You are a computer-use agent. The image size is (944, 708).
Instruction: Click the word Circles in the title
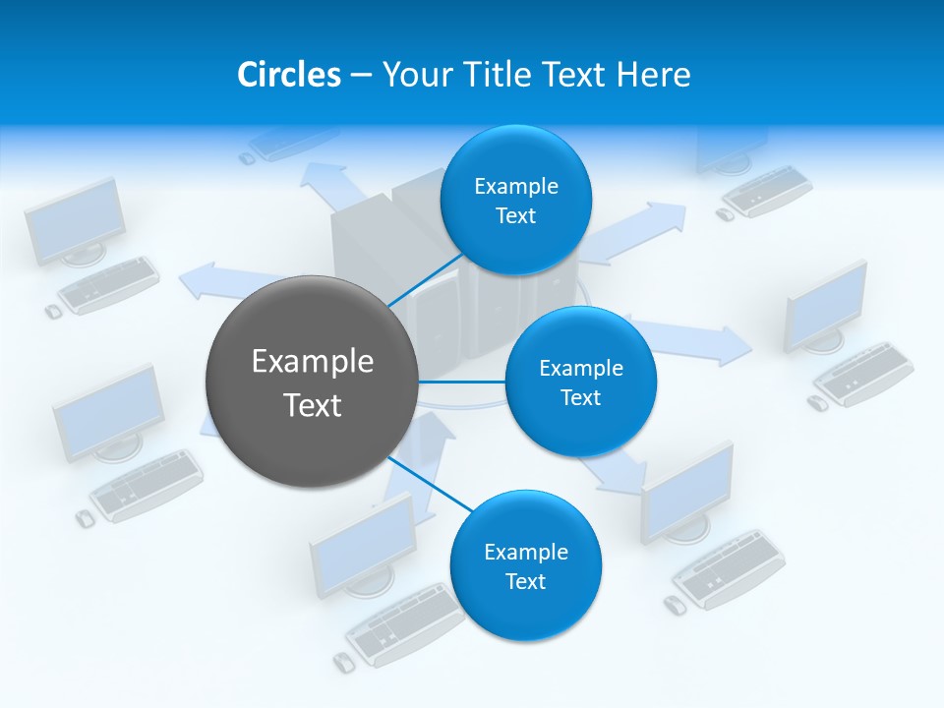coord(288,75)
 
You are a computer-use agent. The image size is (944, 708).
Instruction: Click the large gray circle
coord(312,382)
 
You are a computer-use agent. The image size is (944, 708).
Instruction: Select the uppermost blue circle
coord(515,200)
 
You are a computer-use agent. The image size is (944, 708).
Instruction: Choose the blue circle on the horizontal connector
coord(580,382)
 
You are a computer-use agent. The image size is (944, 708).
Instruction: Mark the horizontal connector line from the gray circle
coord(462,382)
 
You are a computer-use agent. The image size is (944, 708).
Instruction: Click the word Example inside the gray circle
coord(312,361)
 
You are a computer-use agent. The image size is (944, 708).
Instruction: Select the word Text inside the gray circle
coord(312,404)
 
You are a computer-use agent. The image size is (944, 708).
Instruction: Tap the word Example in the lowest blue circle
coord(525,552)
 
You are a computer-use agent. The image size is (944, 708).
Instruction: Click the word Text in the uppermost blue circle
coord(515,215)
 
